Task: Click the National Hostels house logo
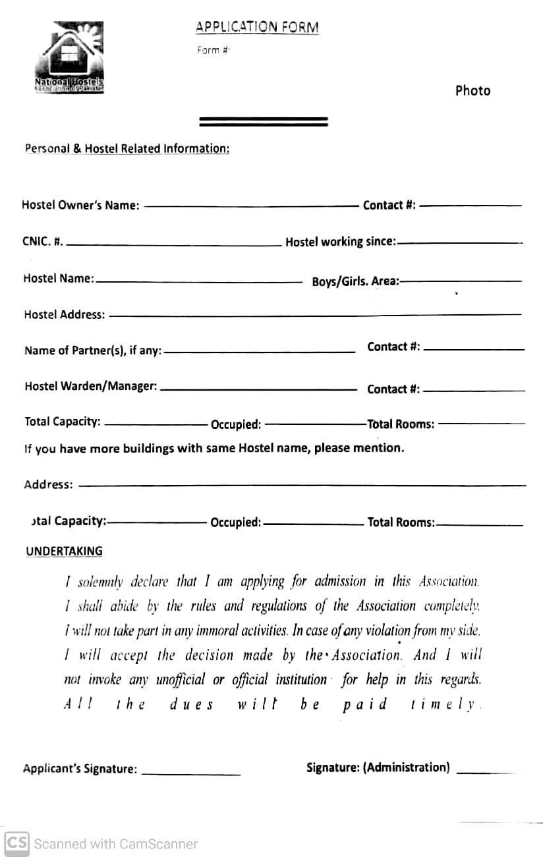click(x=69, y=57)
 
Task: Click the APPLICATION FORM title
click(x=257, y=27)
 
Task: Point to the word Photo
click(x=472, y=91)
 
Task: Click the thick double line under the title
click(x=264, y=121)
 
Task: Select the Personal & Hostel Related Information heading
click(x=127, y=148)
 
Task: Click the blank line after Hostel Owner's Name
click(x=250, y=206)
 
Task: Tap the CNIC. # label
click(x=43, y=241)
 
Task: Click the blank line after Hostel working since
click(x=459, y=242)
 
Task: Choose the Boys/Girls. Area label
click(x=355, y=281)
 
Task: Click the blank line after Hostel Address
click(x=315, y=315)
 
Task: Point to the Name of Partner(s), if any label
click(x=93, y=350)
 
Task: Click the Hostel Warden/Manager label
click(x=91, y=386)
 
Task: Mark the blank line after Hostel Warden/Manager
click(x=258, y=389)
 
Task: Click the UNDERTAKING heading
click(x=64, y=551)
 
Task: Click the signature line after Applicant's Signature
click(x=191, y=773)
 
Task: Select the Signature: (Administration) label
click(x=378, y=767)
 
